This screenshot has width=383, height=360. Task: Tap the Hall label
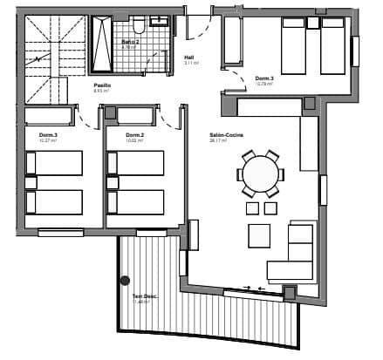click(188, 57)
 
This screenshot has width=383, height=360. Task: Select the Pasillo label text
click(102, 85)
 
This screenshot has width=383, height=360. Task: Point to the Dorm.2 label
click(134, 134)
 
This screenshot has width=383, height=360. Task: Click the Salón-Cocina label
click(226, 134)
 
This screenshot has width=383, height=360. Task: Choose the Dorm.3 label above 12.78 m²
click(265, 78)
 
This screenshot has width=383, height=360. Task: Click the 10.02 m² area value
click(133, 140)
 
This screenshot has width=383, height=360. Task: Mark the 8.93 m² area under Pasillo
click(101, 91)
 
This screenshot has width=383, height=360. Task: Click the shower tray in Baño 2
click(104, 43)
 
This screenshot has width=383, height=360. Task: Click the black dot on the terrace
click(125, 281)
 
